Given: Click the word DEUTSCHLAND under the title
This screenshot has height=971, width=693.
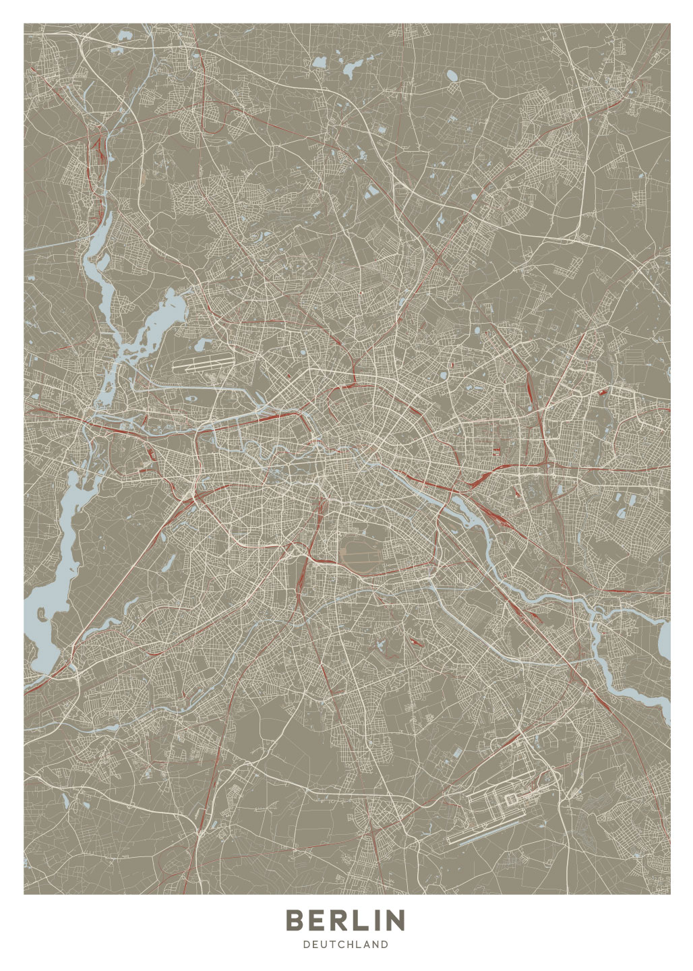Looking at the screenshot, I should pyautogui.click(x=346, y=945).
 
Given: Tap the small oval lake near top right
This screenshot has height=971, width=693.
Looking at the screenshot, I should pyautogui.click(x=451, y=76).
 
